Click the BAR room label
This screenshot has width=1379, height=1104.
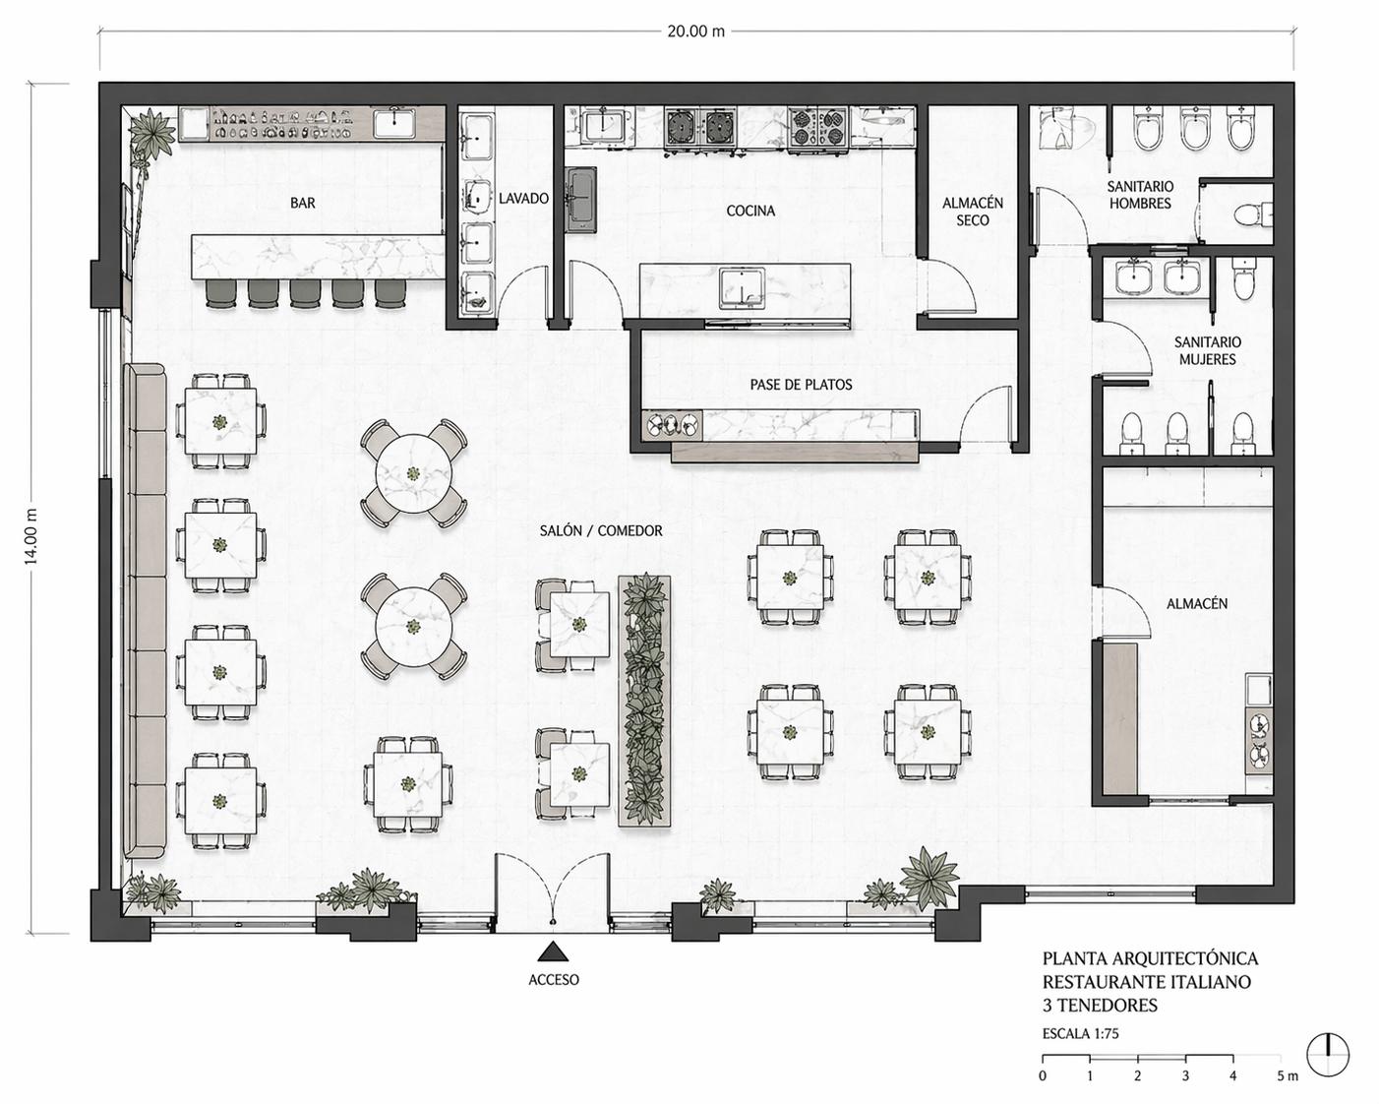click(x=303, y=204)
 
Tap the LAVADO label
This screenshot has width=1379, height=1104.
click(x=523, y=199)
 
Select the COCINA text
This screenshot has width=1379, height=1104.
click(x=750, y=211)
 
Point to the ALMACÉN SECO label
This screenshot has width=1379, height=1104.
click(x=972, y=212)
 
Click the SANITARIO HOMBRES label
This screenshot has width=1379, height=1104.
click(x=1140, y=195)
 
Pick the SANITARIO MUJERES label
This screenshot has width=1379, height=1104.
click(x=1207, y=350)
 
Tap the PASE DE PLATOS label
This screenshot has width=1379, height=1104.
click(x=801, y=385)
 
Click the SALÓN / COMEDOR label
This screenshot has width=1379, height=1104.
click(x=601, y=530)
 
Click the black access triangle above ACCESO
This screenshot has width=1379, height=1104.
click(x=553, y=952)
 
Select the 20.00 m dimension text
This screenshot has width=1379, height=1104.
click(x=696, y=31)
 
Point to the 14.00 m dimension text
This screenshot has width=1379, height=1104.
click(x=30, y=536)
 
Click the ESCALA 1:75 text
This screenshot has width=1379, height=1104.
click(x=1080, y=1033)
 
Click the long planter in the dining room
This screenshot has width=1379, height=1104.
click(x=644, y=701)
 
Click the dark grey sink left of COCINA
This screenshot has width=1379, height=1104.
click(x=581, y=200)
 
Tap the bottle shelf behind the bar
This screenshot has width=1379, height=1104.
click(x=282, y=124)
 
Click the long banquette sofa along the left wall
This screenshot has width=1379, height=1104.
click(x=145, y=611)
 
